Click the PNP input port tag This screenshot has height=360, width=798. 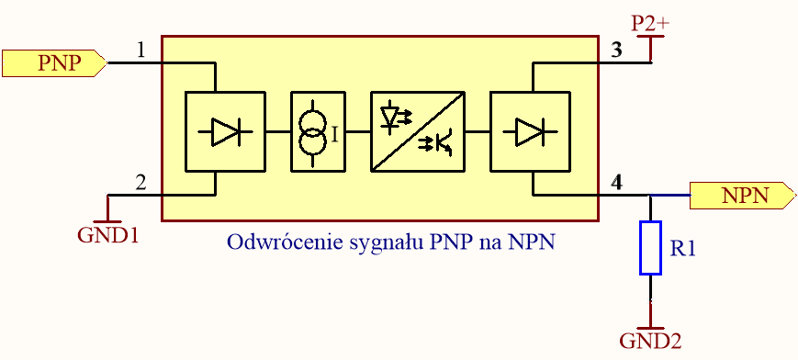click(55, 62)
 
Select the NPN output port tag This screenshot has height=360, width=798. click(742, 195)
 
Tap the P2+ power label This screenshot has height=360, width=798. click(650, 24)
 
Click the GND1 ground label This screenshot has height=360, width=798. click(107, 234)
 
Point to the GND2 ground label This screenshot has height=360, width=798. click(650, 342)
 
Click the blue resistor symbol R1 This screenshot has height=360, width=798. click(650, 247)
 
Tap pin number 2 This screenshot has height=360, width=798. click(140, 182)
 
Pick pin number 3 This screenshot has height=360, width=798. click(616, 51)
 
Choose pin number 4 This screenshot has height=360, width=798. click(616, 182)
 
